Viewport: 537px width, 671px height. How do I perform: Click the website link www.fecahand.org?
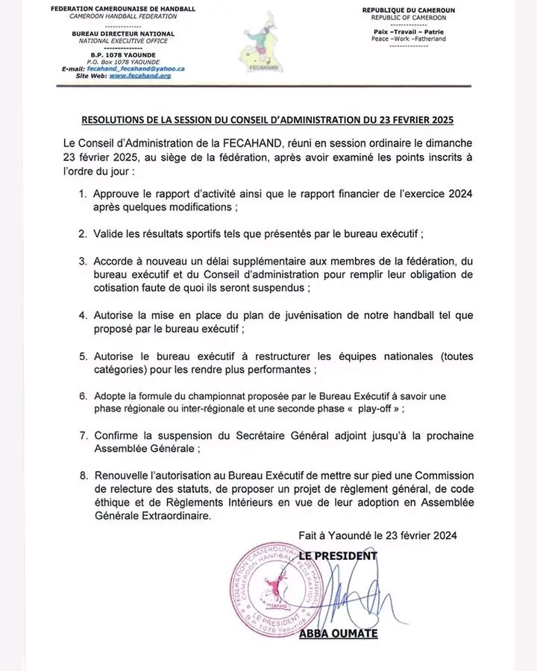point(139,75)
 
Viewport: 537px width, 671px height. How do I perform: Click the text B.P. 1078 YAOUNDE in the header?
point(123,54)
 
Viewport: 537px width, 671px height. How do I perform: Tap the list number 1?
point(82,194)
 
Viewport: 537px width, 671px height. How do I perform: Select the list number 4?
point(82,315)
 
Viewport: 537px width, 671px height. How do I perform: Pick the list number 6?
point(82,395)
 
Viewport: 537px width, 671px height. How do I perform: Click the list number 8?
point(82,475)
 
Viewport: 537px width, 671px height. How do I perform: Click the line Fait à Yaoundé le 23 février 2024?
point(377,535)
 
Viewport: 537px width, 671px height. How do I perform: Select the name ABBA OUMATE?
point(338,633)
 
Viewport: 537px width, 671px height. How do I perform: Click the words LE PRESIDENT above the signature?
point(338,555)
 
